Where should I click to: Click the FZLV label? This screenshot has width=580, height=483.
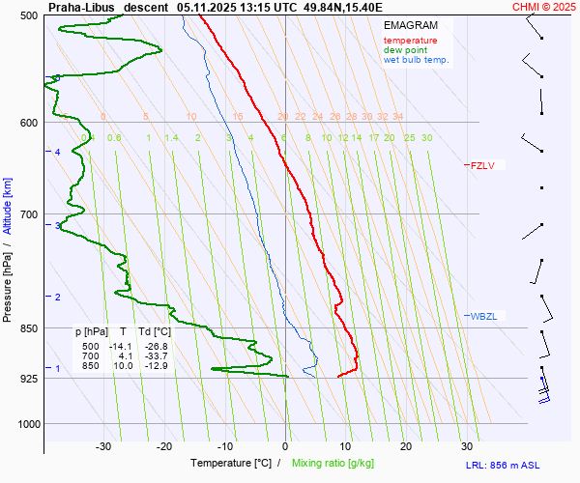click(x=483, y=165)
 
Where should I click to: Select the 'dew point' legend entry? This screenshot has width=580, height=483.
click(x=405, y=50)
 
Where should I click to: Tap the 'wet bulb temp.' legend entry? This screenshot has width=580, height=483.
click(x=417, y=60)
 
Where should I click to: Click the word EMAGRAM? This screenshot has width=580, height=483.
click(x=409, y=24)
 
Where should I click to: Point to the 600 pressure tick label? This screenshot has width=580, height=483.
click(x=28, y=122)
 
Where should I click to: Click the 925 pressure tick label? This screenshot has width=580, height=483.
click(x=28, y=378)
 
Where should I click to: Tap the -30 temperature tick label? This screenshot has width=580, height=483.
click(x=104, y=446)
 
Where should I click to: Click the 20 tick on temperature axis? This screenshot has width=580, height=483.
click(x=406, y=446)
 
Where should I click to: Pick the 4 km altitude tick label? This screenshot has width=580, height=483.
click(x=57, y=153)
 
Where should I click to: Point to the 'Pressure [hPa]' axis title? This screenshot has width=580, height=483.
click(x=8, y=289)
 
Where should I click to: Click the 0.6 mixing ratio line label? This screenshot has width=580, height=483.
click(x=114, y=138)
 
